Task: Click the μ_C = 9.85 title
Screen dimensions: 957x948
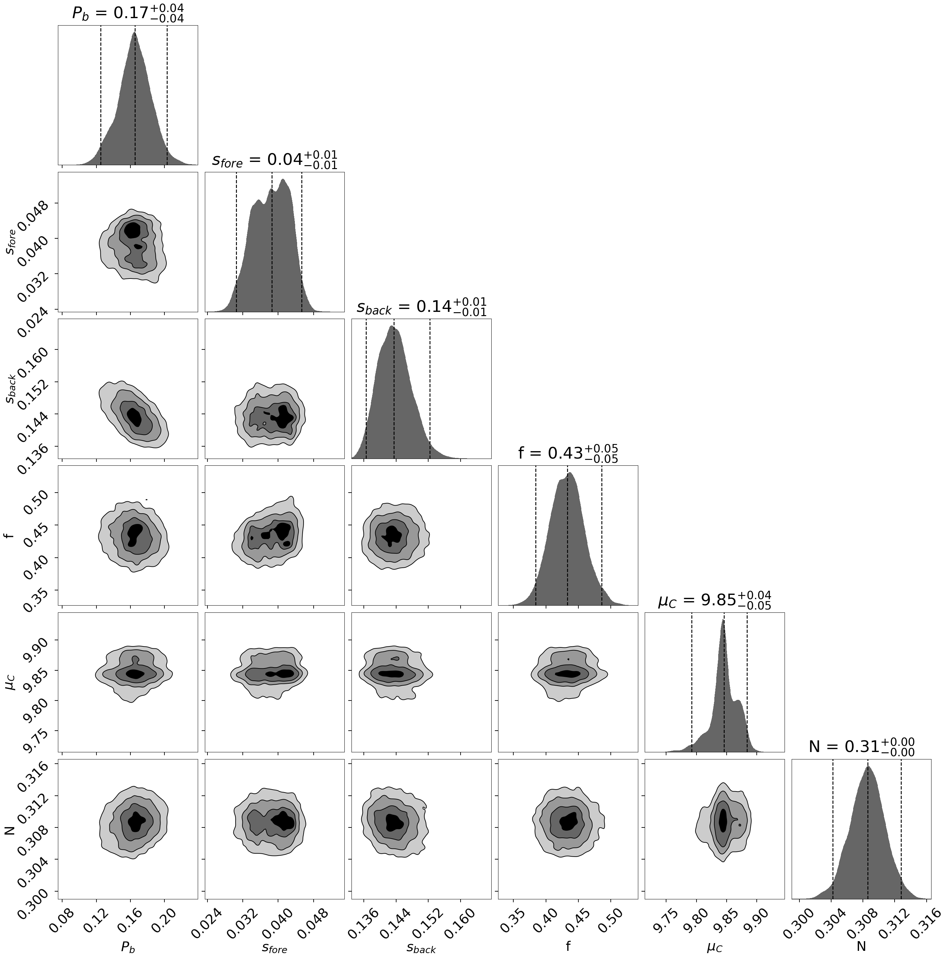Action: [x=714, y=600]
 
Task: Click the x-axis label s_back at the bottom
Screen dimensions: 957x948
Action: [x=421, y=947]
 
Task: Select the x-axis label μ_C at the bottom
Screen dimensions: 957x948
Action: [x=714, y=947]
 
